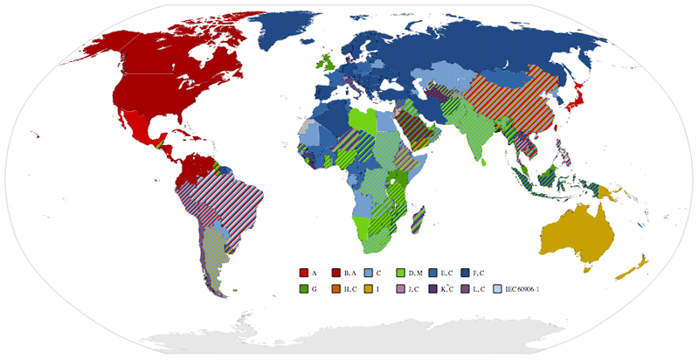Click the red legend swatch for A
point(304,273)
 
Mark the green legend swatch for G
point(304,288)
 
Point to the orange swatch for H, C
point(336,288)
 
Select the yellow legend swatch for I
point(369,288)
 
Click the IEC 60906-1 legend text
point(521,288)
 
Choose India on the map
point(477,140)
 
